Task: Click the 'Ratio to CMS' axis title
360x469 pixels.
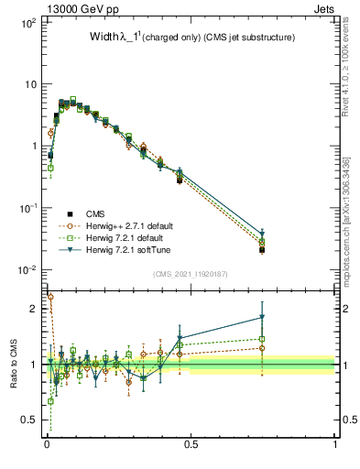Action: point(14,365)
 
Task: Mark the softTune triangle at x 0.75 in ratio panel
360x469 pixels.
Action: point(263,318)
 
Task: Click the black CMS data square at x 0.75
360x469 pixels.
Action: point(263,249)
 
